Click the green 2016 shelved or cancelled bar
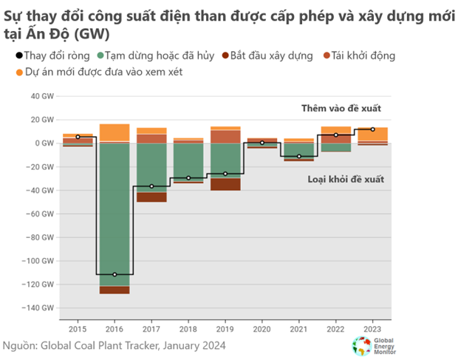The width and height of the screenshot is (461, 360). pyautogui.click(x=115, y=214)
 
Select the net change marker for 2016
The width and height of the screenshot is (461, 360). pyautogui.click(x=115, y=274)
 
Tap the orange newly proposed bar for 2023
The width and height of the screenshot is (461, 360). pyautogui.click(x=372, y=134)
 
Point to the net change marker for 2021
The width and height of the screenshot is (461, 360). pyautogui.click(x=298, y=156)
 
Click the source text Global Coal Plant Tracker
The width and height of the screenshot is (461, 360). pyautogui.click(x=110, y=344)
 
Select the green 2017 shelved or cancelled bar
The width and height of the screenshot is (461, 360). pyautogui.click(x=151, y=167)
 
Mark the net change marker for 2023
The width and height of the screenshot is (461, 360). pyautogui.click(x=372, y=129)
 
